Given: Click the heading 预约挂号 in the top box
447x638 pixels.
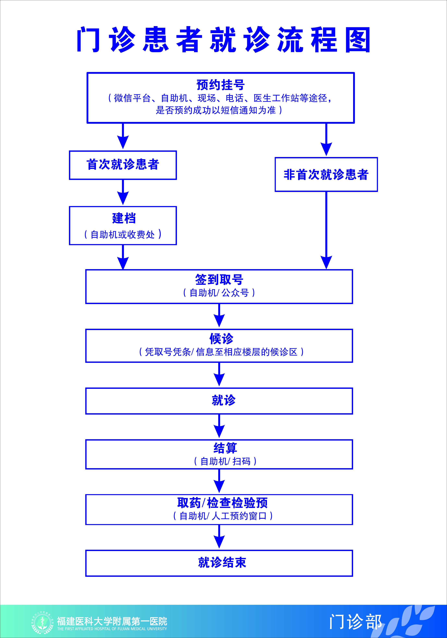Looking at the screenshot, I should tap(220, 85).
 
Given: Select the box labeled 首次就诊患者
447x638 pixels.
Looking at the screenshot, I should tap(123, 165).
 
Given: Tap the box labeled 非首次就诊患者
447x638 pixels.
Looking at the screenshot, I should tap(326, 174).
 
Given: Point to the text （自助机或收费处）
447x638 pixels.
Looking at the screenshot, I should tap(123, 234).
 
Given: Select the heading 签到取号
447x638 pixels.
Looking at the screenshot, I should tap(219, 279).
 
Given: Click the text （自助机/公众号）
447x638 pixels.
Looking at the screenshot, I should tap(219, 293).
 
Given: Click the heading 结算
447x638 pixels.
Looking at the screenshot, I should tap(225, 448).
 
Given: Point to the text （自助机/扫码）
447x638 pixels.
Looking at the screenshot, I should tap(225, 461).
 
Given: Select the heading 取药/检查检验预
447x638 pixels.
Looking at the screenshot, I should tap(222, 503).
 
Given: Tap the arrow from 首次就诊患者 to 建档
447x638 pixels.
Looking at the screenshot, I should tap(123, 192).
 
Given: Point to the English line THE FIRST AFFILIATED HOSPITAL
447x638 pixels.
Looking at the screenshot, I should tap(112, 629).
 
